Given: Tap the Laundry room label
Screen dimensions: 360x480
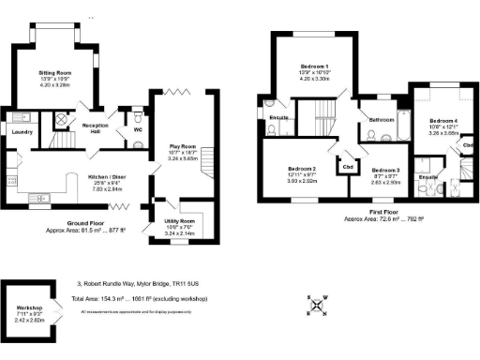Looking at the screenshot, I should point(22,132).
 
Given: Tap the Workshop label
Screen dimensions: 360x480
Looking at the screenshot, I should point(29,307).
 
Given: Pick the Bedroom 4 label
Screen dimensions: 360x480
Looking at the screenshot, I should point(444,122).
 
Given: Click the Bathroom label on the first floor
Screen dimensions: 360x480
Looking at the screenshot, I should point(381,121).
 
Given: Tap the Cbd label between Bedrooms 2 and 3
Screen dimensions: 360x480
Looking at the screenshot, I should point(347,168).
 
